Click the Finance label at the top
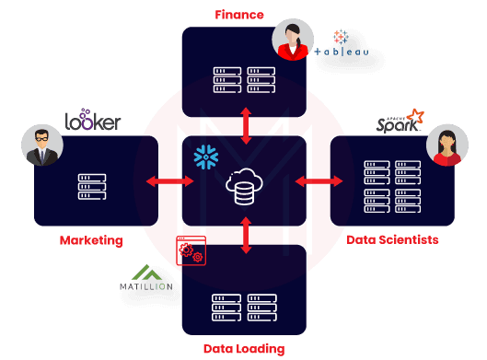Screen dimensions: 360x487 [239, 15]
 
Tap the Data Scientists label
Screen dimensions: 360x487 [392, 239]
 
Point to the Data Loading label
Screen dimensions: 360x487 [244, 349]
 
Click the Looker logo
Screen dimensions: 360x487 [93, 122]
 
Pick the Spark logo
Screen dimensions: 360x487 [399, 122]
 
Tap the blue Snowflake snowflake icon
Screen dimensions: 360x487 [203, 157]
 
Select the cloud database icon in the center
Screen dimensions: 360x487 [244, 187]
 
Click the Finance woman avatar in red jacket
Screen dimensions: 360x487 [294, 41]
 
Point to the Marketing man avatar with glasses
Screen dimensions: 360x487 [42, 145]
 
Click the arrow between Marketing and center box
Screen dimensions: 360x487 [169, 181]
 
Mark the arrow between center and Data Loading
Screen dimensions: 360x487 [244, 236]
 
